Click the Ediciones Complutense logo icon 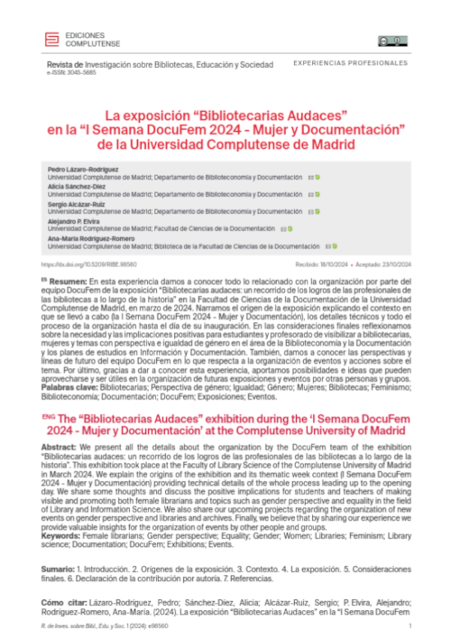(x=51, y=39)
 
